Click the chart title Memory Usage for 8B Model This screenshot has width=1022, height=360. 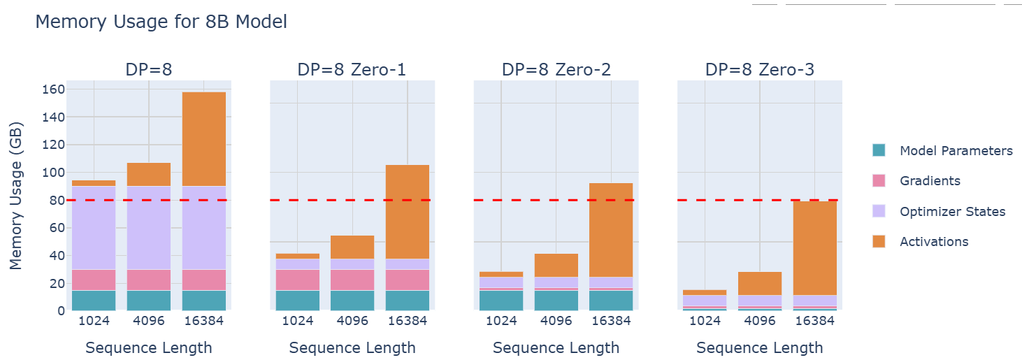coord(161,22)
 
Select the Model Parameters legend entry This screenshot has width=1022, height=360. coord(956,150)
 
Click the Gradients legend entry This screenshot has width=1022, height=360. coord(930,180)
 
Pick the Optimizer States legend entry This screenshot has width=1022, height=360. coord(952,211)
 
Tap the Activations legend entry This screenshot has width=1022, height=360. coord(934,241)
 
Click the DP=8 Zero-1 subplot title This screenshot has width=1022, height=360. coord(352,69)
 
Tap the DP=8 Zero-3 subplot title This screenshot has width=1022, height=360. coord(759,69)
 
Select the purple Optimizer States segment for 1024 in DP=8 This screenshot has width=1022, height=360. coord(94,227)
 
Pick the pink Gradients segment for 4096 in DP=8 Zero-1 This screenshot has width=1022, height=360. coord(352,280)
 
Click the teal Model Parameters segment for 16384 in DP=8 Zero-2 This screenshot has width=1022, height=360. coord(611,301)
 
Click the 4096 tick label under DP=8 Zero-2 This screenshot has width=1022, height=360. coord(556,321)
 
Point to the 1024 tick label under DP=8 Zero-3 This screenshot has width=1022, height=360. coord(705,321)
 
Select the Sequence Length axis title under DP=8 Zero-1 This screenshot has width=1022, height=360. coord(352,347)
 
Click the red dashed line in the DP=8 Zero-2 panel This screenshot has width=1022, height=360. coord(531,200)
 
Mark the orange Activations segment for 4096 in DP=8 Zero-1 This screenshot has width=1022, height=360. coord(352,247)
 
